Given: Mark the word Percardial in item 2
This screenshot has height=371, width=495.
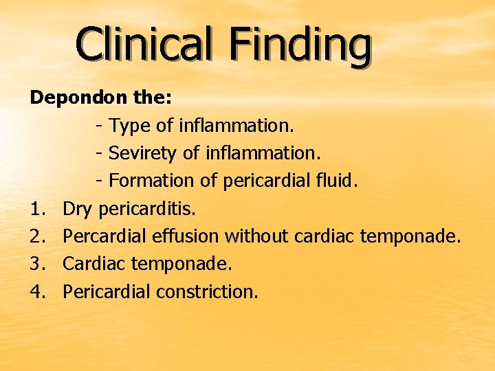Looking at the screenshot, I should (104, 236).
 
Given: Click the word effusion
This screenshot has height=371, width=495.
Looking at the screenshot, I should (186, 236).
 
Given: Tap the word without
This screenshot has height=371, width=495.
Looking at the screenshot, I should (256, 236).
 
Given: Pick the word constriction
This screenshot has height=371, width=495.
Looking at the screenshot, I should (208, 291).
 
